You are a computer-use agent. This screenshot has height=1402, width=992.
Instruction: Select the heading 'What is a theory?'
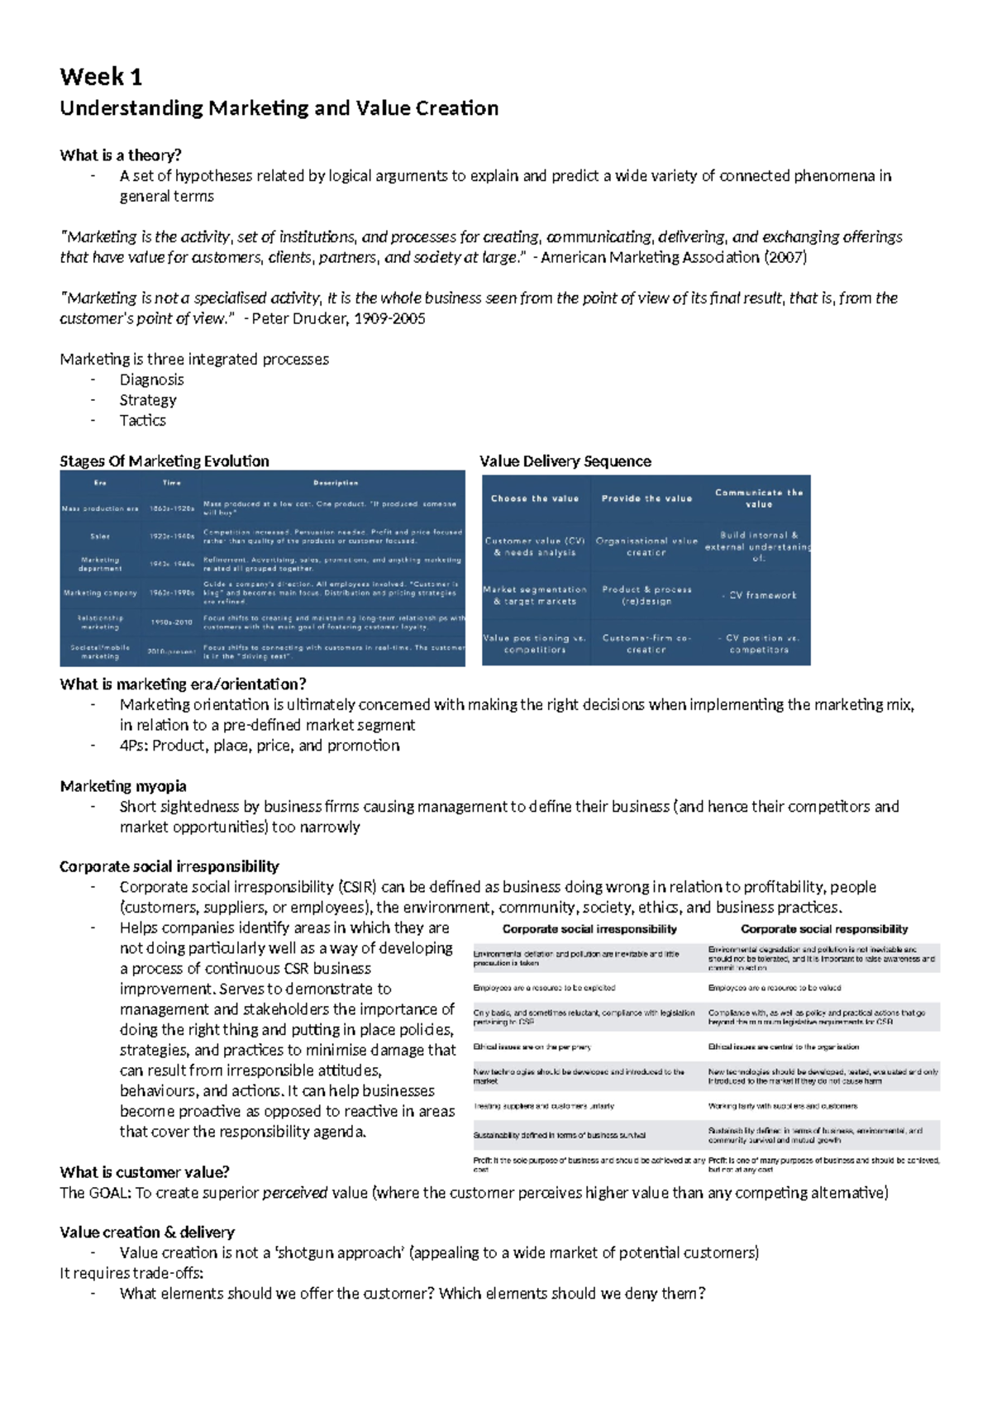tap(121, 155)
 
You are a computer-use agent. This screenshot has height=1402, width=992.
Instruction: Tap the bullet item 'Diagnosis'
tap(151, 379)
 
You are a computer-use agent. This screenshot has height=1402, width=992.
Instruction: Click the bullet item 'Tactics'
tap(142, 420)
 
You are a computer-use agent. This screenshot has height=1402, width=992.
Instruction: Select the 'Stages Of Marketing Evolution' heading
tap(165, 461)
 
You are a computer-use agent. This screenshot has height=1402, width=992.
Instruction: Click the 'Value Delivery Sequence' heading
tap(565, 461)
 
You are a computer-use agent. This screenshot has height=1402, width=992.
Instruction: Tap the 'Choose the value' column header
tap(535, 498)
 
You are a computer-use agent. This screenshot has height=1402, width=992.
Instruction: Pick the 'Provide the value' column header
tap(646, 498)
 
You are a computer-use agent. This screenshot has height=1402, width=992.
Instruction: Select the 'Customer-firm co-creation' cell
tap(646, 644)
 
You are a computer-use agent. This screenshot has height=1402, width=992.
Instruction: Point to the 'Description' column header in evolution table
tap(336, 483)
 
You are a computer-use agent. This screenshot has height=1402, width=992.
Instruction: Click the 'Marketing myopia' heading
tap(123, 786)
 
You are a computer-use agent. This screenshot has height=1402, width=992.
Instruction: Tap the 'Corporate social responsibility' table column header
tap(824, 929)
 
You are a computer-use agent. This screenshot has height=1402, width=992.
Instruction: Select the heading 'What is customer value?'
tap(145, 1172)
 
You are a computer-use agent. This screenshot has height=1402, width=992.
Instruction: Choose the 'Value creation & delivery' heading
tap(147, 1233)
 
